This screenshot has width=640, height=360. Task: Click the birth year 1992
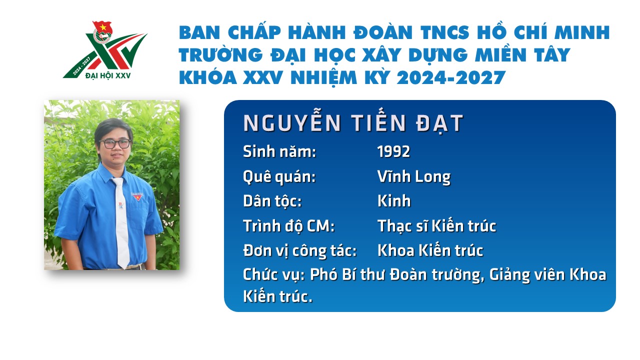[393, 151]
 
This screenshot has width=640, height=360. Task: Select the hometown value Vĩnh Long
[414, 176]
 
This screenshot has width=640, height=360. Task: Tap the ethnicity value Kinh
[394, 201]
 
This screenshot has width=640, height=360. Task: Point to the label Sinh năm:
[279, 151]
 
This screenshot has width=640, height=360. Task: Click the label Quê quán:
[279, 177]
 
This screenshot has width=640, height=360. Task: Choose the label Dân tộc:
[272, 201]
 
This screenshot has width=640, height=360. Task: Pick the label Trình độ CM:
[288, 226]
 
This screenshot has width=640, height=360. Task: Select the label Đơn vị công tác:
[299, 250]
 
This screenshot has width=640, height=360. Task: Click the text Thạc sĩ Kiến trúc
[437, 225]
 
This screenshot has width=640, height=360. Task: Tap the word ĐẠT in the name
[439, 123]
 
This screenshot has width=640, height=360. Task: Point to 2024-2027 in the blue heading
[451, 77]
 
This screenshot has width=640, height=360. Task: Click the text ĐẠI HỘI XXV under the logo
[108, 75]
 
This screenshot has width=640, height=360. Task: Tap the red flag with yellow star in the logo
[102, 27]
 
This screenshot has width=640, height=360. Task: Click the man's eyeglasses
[115, 143]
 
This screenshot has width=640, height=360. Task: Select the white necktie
[121, 222]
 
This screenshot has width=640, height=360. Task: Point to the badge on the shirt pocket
[137, 196]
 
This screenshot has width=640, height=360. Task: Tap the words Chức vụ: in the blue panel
[273, 275]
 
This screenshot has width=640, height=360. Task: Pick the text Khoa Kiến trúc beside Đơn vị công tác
[430, 250]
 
